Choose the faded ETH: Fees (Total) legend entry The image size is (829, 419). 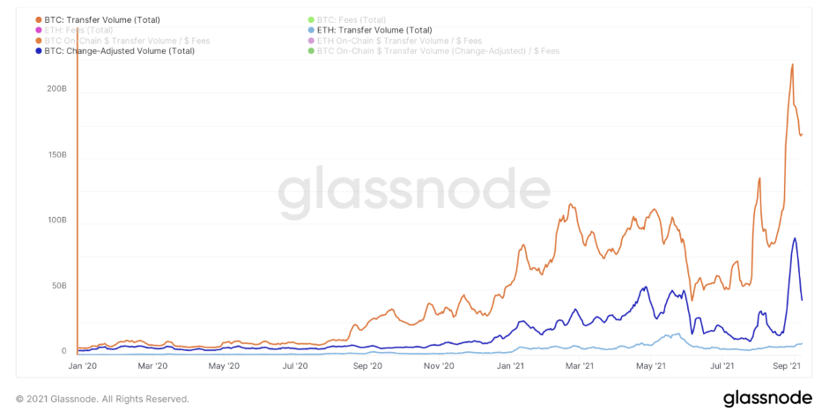coord(74,30)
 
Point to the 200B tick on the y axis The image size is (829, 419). coord(56,89)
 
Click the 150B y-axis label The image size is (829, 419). coord(56,155)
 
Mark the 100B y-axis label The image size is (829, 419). coord(56,221)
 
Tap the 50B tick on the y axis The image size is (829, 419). coord(59,286)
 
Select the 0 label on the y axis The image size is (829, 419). coord(63,351)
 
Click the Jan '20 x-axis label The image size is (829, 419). coord(81,364)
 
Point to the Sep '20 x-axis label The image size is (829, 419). coord(366,364)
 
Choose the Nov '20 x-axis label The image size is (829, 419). coord(438,364)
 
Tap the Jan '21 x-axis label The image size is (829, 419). coord(510,364)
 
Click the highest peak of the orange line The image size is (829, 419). coord(793,64)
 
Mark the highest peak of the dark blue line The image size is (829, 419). coord(795,238)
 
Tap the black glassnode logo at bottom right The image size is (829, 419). coord(767,399)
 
